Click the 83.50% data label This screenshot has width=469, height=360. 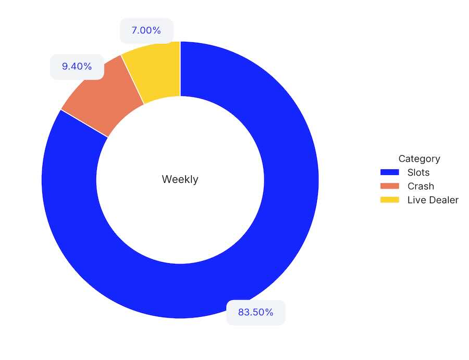255,313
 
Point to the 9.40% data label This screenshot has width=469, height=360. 77,67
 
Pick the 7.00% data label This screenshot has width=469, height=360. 146,30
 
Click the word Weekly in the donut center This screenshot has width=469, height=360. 180,179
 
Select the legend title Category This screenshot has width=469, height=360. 419,159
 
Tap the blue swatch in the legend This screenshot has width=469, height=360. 389,172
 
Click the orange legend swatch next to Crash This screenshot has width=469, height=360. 389,186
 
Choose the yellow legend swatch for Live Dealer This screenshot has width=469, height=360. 389,200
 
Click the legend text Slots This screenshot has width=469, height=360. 418,172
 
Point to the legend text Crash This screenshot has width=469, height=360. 421,186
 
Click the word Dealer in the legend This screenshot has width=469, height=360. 443,200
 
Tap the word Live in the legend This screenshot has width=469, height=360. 415,200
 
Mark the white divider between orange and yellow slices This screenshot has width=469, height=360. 132,79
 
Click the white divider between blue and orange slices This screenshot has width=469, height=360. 84,123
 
